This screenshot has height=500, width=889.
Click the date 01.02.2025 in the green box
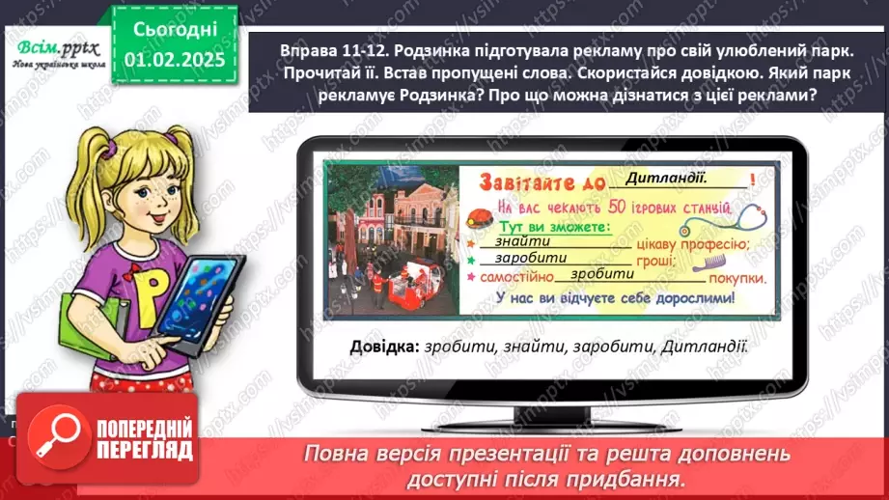[x=175, y=60]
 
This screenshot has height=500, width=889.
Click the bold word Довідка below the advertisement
[x=381, y=346]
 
